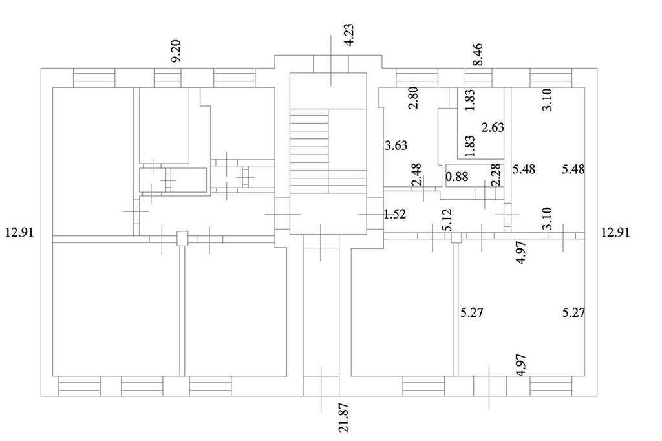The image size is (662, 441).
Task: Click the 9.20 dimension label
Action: pos(176,51)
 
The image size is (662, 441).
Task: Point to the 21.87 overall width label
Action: pos(344,418)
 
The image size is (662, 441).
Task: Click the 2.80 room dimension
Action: pos(414,98)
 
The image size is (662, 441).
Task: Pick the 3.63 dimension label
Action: pos(396,145)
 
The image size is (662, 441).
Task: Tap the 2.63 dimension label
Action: pos(493,127)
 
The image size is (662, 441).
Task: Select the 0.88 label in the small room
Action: pos(457,176)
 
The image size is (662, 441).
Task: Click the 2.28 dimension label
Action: pos(496,175)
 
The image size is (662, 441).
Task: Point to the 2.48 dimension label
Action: pos(416,175)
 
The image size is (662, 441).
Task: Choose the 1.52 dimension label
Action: pos(395,214)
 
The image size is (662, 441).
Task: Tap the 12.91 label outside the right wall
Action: pos(615,232)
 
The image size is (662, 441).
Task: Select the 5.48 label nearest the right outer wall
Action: pos(573,169)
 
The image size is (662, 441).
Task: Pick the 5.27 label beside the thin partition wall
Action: pos(471,313)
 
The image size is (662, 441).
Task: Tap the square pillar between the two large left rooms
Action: pos(182,239)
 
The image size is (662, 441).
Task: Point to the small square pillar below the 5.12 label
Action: pos(456,238)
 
